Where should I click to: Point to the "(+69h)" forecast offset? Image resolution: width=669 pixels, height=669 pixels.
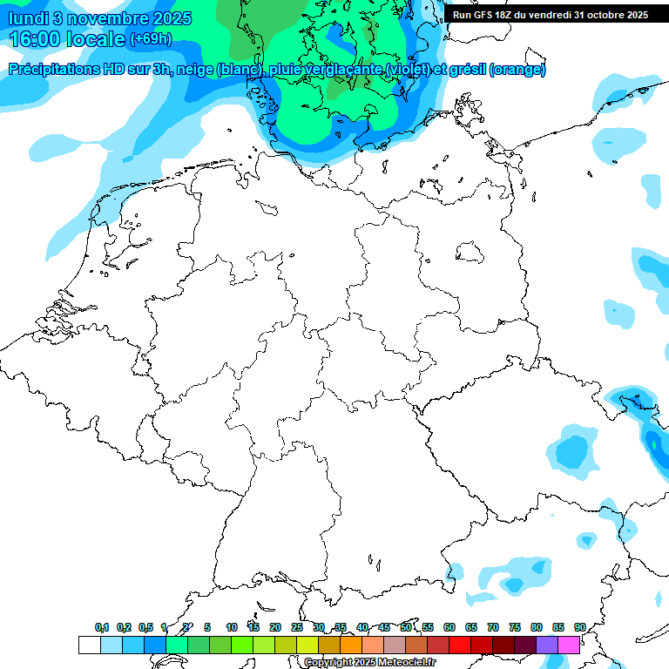point(151,40)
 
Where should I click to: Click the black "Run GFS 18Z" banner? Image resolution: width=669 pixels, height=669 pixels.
point(550,15)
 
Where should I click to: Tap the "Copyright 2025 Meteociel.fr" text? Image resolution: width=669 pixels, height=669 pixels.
point(369,662)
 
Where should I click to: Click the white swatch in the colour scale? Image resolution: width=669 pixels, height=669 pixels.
point(89,645)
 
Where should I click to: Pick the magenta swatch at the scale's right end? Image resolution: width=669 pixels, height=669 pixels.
point(568,645)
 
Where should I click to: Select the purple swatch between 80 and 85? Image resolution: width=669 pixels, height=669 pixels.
point(546,645)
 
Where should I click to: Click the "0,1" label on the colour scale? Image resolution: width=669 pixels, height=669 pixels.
point(102,627)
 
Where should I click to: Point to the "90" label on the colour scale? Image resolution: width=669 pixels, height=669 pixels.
point(579,627)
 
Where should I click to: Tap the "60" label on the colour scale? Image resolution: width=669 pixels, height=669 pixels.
point(449,627)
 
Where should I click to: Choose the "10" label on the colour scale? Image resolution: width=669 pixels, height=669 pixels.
point(232,627)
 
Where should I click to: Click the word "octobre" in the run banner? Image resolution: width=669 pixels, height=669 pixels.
point(597,15)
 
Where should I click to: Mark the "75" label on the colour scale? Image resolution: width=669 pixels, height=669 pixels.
point(515,627)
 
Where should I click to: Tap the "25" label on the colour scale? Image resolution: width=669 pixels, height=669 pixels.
point(297,627)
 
